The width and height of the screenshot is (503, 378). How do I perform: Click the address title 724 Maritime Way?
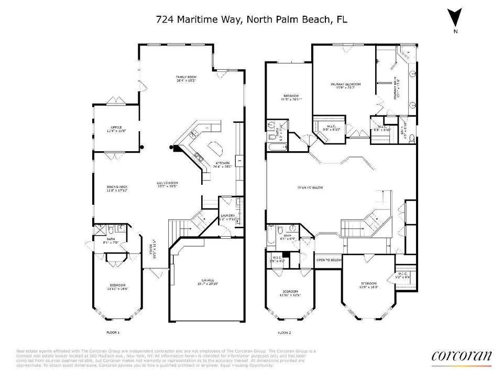coord(251,19)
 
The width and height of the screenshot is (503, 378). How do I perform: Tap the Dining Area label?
coord(117,189)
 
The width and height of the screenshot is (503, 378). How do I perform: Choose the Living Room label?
coord(168,185)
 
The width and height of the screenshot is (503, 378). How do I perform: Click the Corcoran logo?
coord(461,356)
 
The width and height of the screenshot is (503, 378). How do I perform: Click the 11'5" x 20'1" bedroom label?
coord(291,97)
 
